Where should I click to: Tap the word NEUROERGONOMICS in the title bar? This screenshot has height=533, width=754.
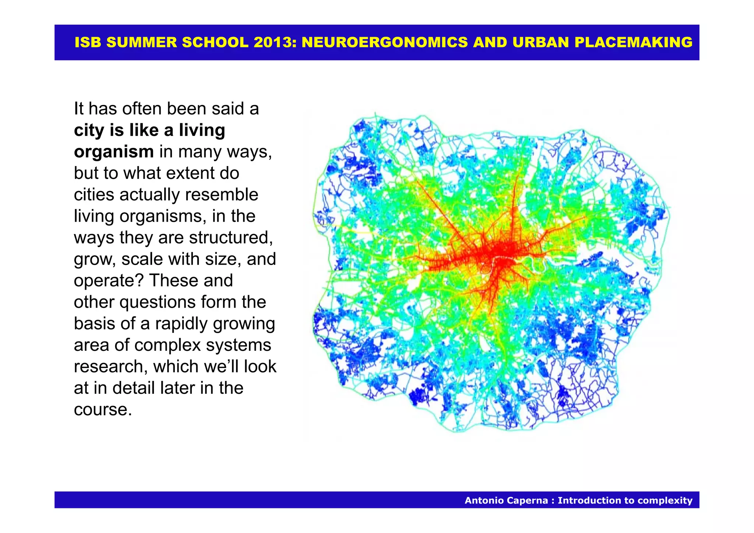pos(385,42)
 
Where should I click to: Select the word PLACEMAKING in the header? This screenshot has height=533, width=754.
pos(633,42)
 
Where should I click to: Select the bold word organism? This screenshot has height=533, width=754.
pos(114,152)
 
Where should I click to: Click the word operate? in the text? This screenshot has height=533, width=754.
pos(109,280)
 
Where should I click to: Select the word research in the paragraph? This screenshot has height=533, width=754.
pos(110,367)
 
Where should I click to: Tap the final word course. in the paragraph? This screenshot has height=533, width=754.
pos(103,410)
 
